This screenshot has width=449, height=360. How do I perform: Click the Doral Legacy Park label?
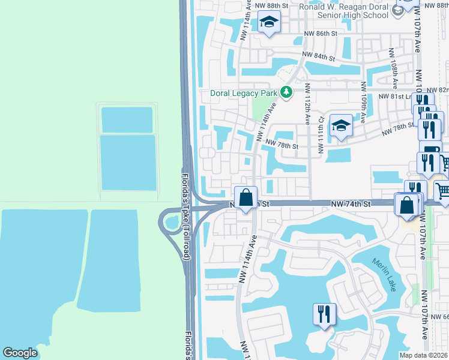pyautogui.click(x=244, y=93)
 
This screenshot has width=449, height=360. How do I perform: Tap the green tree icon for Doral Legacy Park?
pyautogui.click(x=287, y=92)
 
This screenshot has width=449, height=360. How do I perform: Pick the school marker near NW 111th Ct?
pyautogui.click(x=341, y=126)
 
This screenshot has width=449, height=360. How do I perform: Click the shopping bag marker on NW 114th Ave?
pyautogui.click(x=246, y=197)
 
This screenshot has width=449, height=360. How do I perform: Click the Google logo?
pyautogui.click(x=20, y=353)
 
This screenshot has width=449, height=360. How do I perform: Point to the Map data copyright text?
pyautogui.click(x=423, y=355)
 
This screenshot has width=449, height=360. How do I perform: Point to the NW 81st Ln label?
pyautogui.click(x=395, y=96)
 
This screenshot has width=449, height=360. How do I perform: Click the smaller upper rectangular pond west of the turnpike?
pyautogui.click(x=127, y=119)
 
